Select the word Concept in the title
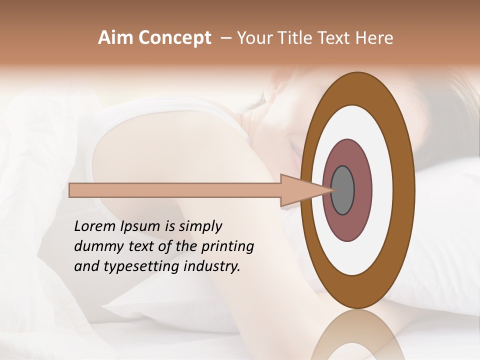coord(174,38)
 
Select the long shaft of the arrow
coord(175,190)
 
